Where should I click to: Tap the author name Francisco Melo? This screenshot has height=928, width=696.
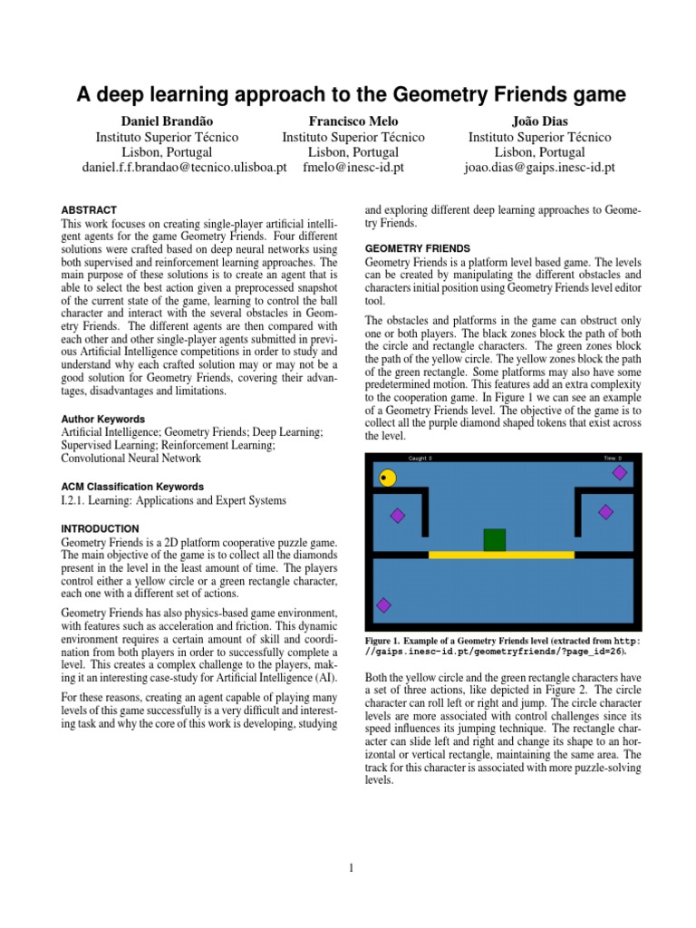coord(353,121)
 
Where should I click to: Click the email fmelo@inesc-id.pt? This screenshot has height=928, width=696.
coord(353,168)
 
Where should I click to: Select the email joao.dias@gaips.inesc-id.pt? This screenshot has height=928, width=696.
coord(539,168)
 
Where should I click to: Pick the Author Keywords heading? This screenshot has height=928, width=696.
coord(102,420)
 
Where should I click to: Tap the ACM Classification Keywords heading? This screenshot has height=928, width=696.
coord(131,487)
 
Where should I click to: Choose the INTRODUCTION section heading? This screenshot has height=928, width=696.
coord(99,528)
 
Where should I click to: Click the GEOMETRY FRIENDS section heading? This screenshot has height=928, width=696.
coord(417,248)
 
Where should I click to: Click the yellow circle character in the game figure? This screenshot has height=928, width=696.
coord(388,478)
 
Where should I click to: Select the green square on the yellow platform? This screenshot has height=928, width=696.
coord(494,540)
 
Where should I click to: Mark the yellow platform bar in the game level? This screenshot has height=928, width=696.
coord(500,555)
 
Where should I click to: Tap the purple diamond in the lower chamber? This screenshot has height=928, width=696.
coord(383,605)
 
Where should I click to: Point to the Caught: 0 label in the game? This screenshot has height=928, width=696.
coord(420,459)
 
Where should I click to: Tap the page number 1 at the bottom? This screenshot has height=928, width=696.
coord(351,868)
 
